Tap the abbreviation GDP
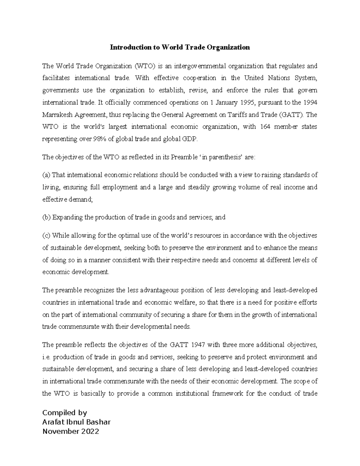(190, 139)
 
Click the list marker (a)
(46, 175)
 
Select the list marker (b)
(46, 218)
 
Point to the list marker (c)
(46, 236)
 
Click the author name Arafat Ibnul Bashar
(76, 422)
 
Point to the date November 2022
(70, 431)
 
